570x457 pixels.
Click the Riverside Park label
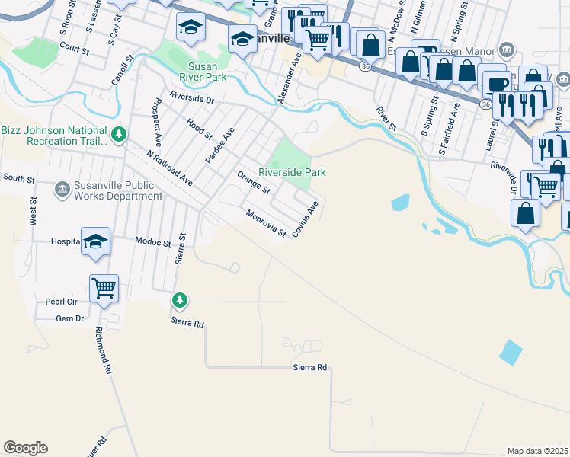pyautogui.click(x=293, y=173)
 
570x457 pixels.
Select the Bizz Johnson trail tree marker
pyautogui.click(x=118, y=136)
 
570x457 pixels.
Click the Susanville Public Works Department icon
pyautogui.click(x=62, y=188)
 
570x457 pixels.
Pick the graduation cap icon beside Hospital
pyautogui.click(x=95, y=241)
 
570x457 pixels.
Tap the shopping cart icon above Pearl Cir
pyautogui.click(x=104, y=288)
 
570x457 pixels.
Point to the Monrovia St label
pyautogui.click(x=265, y=223)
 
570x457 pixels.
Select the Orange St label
pyautogui.click(x=254, y=183)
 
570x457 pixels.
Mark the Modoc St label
pyautogui.click(x=153, y=242)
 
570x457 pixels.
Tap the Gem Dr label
pyautogui.click(x=69, y=319)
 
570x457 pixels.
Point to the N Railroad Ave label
pyautogui.click(x=169, y=167)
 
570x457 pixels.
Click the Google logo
pyautogui.click(x=25, y=448)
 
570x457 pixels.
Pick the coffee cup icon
pyautogui.click(x=498, y=85)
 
